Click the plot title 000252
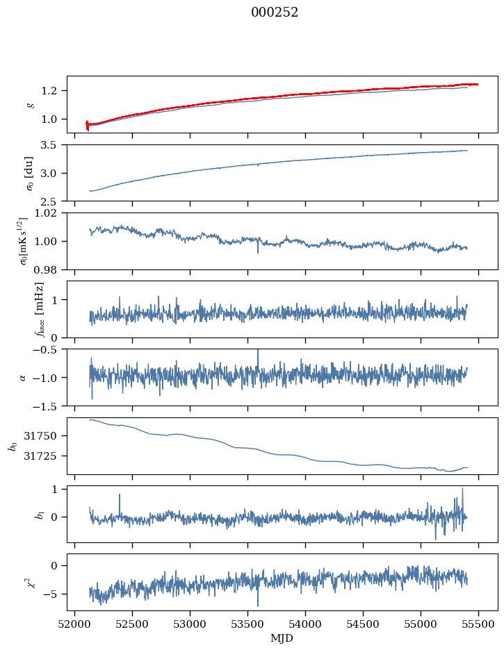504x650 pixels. pyautogui.click(x=275, y=12)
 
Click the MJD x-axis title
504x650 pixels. pyautogui.click(x=282, y=638)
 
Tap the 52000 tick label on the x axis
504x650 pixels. pyautogui.click(x=75, y=624)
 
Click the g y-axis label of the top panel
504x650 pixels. pyautogui.click(x=29, y=104)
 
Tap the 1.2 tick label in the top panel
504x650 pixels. pyautogui.click(x=54, y=91)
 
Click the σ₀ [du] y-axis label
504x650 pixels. pyautogui.click(x=29, y=172)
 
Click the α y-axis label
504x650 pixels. pyautogui.click(x=24, y=377)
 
